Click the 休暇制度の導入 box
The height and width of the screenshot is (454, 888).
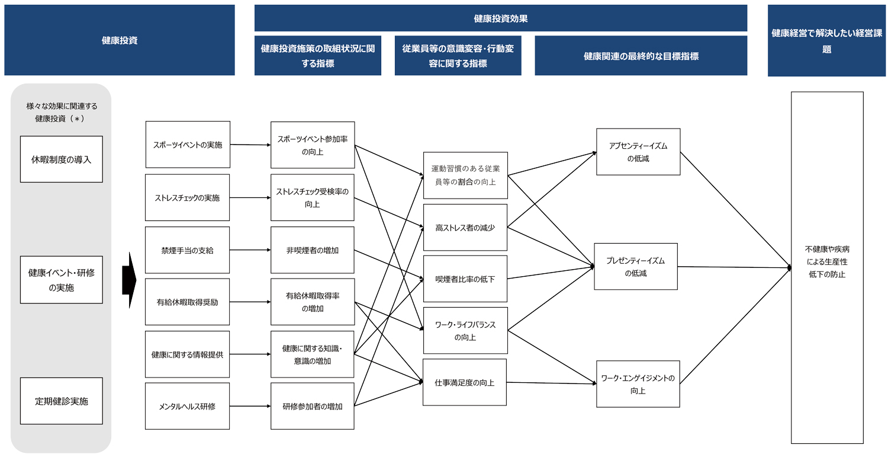pyautogui.click(x=62, y=159)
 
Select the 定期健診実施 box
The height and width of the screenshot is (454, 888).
pyautogui.click(x=62, y=401)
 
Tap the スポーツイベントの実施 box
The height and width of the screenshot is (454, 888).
pyautogui.click(x=188, y=145)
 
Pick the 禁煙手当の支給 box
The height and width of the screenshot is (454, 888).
pyautogui.click(x=187, y=250)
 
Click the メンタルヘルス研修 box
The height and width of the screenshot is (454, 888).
pyautogui.click(x=187, y=406)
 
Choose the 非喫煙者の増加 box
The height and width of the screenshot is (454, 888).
pyautogui.click(x=313, y=250)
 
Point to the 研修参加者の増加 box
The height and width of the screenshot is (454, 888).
pyautogui.click(x=313, y=406)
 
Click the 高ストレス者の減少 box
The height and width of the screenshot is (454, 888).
pyautogui.click(x=465, y=228)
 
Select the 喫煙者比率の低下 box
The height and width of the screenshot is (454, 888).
pyautogui.click(x=465, y=279)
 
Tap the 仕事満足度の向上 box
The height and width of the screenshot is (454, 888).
pyautogui.click(x=465, y=382)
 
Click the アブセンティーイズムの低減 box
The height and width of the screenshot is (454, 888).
pyautogui.click(x=638, y=152)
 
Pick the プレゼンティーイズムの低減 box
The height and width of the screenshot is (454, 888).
pyautogui.click(x=636, y=266)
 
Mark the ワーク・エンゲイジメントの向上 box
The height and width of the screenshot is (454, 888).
pyautogui.click(x=638, y=383)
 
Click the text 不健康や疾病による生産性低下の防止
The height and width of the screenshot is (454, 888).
pyautogui.click(x=827, y=261)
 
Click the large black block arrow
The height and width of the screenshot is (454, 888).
pyautogui.click(x=129, y=280)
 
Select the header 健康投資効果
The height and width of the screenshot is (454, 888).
pyautogui.click(x=501, y=18)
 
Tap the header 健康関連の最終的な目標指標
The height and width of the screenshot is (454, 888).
pyautogui.click(x=641, y=56)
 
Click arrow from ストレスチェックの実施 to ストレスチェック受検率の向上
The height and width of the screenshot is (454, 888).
pyautogui.click(x=250, y=197)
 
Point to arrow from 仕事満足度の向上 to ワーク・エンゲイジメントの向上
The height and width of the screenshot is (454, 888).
pyautogui.click(x=551, y=383)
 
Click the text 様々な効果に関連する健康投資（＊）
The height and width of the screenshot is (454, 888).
pyautogui.click(x=62, y=112)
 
